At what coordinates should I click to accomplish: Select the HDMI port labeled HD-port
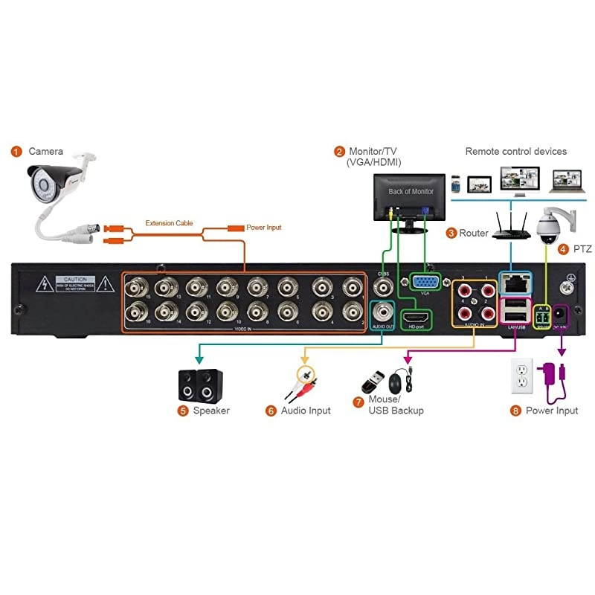click(x=414, y=318)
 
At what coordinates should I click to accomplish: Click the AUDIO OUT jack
click(x=385, y=311)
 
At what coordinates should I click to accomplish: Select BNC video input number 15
click(x=135, y=286)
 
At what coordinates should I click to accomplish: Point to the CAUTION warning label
click(x=76, y=283)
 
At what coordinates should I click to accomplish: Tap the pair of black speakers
click(x=199, y=385)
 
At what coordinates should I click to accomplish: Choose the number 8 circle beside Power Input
click(x=515, y=411)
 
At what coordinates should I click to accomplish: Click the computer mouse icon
click(x=395, y=384)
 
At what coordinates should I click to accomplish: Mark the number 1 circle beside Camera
click(x=16, y=152)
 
